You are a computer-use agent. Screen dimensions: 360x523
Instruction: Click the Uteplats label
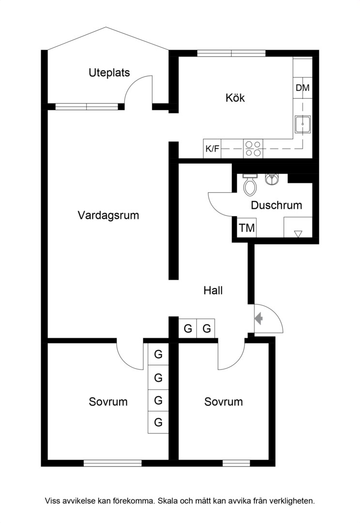point(109,73)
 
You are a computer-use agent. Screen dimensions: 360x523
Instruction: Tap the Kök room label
point(235,98)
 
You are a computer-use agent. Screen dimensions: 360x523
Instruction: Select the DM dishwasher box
point(303,88)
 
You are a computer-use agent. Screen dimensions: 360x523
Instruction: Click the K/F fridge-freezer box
point(212,149)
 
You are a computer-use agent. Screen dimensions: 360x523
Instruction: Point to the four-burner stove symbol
point(253,149)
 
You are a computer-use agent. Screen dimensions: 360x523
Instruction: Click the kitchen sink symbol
point(303,124)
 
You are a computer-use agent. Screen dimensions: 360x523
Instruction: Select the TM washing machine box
point(247,228)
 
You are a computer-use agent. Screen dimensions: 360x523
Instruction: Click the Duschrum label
point(277,205)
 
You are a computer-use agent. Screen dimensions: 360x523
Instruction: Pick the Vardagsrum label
point(109,215)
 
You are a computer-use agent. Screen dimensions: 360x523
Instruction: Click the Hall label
point(213,291)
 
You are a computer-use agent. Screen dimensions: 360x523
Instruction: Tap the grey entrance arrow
point(259,319)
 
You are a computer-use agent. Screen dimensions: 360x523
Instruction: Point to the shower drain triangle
point(298,234)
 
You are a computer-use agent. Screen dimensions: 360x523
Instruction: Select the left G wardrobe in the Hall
point(188,328)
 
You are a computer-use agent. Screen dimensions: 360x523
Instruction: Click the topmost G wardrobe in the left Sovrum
point(158,354)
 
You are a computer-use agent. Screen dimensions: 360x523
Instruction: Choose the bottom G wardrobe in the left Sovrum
point(158,422)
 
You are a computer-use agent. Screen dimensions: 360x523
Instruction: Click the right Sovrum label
point(223,402)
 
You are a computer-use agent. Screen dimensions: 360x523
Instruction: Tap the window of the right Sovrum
point(236,463)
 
